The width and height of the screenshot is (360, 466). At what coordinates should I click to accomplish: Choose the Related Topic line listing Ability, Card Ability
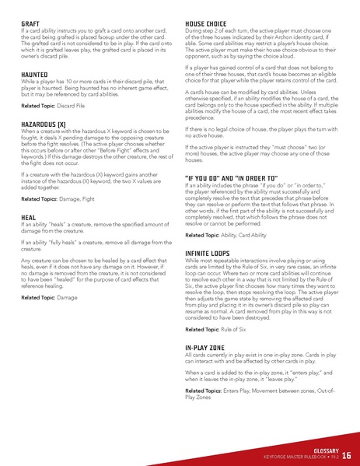(x=229, y=234)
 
